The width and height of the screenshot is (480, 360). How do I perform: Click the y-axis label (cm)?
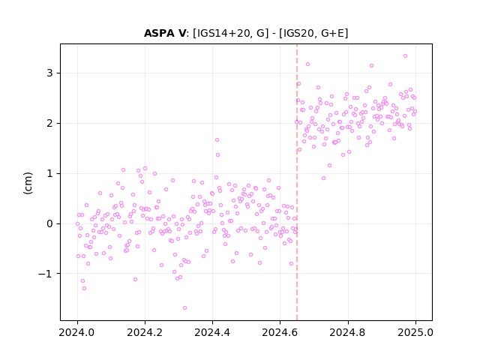28,183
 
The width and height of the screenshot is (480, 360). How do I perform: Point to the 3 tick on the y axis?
49,73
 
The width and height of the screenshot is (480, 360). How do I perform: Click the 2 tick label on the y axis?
49,123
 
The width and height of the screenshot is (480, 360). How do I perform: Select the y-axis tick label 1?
49,173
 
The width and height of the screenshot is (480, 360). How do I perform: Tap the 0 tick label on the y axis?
49,223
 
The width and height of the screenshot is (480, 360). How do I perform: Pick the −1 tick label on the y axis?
46,274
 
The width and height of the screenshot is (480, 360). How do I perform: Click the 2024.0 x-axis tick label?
77,332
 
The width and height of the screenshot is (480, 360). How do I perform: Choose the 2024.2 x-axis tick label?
145,332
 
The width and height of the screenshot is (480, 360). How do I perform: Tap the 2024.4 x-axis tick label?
212,332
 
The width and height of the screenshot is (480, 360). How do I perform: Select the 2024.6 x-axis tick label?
280,332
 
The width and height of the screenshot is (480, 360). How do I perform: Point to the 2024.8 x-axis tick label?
348,332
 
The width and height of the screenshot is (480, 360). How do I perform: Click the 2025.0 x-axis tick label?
415,332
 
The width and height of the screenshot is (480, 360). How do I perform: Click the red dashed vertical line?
297,182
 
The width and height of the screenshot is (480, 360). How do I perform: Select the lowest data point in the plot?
185,308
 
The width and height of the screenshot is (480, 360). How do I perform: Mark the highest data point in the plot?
405,56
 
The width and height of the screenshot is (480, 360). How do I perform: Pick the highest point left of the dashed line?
217,140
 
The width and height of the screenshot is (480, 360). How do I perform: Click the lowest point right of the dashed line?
323,178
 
